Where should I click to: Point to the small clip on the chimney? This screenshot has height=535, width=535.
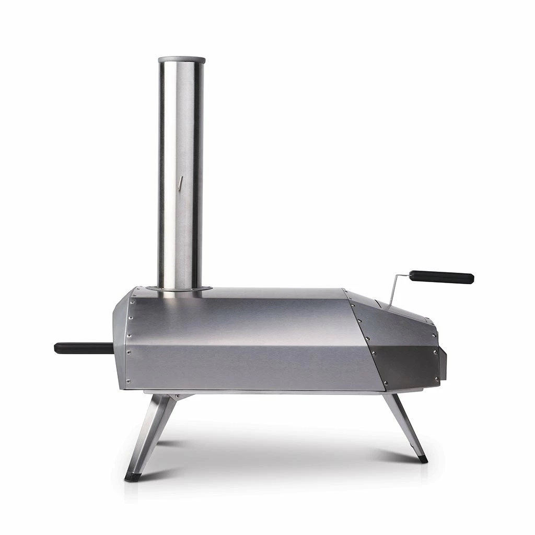[180, 183]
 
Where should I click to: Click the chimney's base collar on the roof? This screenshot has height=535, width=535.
[180, 288]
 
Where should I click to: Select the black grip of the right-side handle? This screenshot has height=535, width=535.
[442, 276]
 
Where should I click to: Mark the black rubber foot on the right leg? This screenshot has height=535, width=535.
[422, 459]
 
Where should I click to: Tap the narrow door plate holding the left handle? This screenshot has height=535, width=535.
[120, 340]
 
